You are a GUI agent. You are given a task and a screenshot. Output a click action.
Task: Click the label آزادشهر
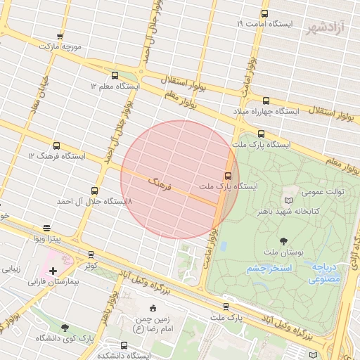click(327, 29)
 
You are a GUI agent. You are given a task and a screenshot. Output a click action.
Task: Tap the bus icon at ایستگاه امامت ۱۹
click(264, 13)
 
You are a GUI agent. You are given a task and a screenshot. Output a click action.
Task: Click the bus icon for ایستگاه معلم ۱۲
click(115, 75)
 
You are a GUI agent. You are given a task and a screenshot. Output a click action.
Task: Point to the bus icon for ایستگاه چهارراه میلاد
click(266, 101)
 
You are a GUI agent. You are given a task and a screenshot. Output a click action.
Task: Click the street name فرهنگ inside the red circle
click(160, 184)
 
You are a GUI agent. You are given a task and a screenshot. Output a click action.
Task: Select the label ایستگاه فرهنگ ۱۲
click(57, 155)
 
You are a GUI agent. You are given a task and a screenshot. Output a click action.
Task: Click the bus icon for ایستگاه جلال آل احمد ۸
click(95, 191)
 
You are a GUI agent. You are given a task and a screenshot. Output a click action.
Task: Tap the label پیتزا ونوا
click(47, 239)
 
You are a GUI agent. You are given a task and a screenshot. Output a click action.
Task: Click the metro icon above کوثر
click(91, 255)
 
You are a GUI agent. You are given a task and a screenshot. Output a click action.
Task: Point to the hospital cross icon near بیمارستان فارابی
click(53, 271)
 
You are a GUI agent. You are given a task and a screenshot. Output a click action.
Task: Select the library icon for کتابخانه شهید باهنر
click(287, 200)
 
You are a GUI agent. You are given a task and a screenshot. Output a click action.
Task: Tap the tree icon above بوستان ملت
click(283, 241)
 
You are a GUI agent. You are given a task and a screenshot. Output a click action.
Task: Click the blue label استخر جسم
click(266, 269)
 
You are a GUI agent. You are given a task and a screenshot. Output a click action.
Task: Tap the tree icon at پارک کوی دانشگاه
click(65, 328)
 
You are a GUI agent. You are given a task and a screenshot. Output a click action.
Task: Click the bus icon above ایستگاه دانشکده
click(124, 345)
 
